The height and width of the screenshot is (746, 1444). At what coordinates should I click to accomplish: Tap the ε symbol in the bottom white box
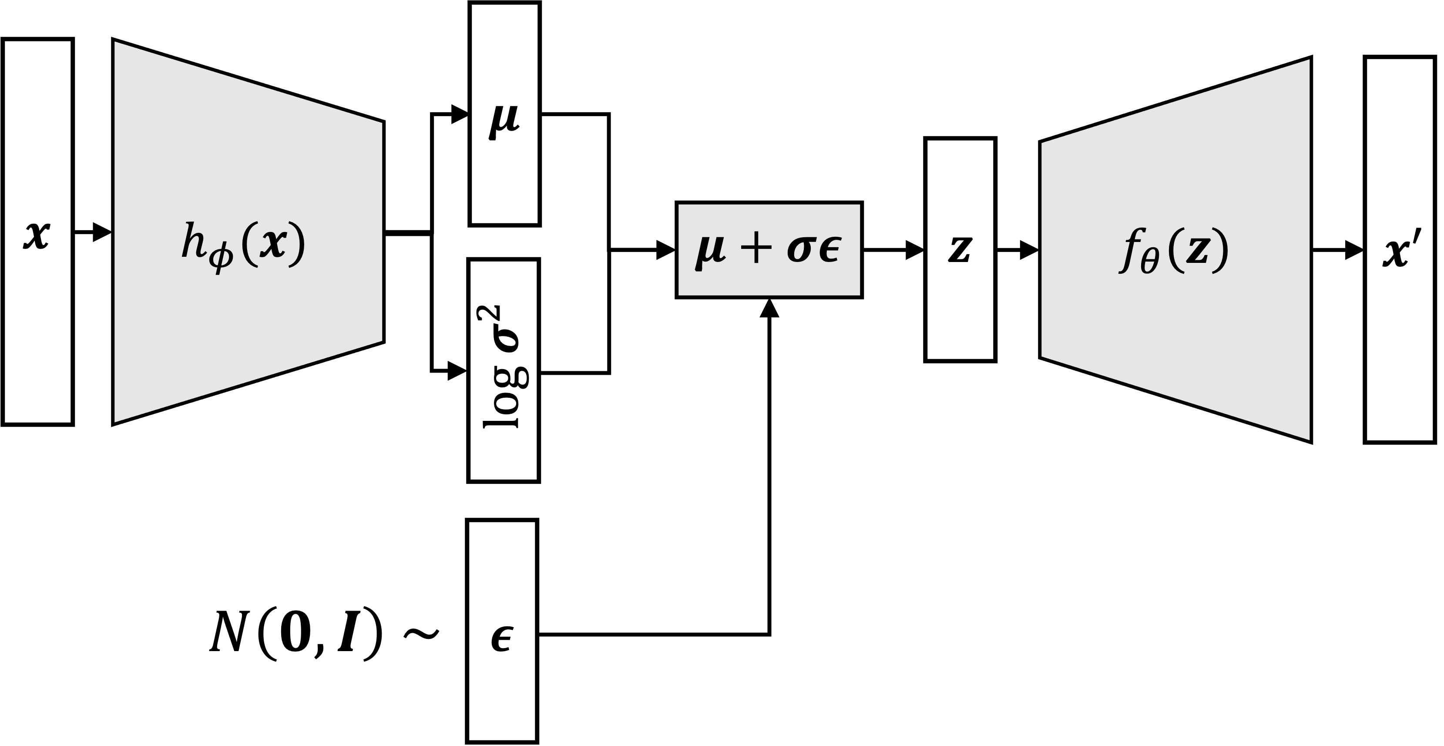coord(500,641)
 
